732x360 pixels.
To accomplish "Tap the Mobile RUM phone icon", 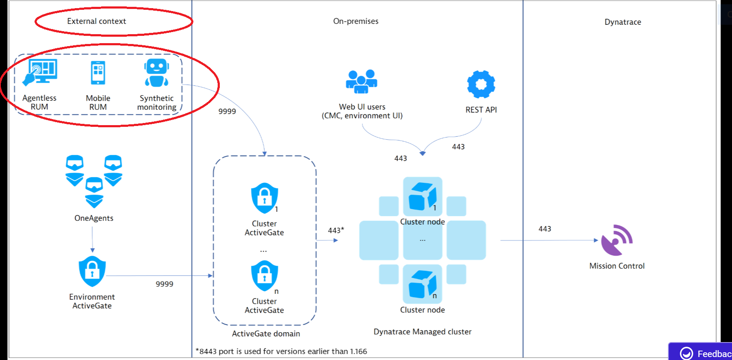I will (x=98, y=73).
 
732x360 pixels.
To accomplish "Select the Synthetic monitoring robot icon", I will (x=157, y=73).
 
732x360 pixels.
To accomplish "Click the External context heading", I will (x=96, y=21).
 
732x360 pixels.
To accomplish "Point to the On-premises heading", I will (x=356, y=21).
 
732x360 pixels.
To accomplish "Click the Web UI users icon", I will (x=362, y=81).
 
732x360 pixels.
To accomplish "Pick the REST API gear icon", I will (x=481, y=84).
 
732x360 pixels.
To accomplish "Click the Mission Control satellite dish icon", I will (x=617, y=240).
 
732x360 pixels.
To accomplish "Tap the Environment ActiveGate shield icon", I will (x=92, y=272).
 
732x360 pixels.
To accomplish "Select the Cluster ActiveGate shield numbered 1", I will (x=265, y=198).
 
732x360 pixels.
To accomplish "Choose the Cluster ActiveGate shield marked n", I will (x=265, y=276).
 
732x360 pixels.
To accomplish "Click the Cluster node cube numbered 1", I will (x=423, y=196).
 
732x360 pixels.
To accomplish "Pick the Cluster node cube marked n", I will (x=423, y=284).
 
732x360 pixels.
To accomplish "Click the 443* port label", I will (x=336, y=231).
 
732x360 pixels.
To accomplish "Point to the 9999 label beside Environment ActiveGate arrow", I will (x=164, y=284).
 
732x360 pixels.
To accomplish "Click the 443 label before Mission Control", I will (x=545, y=229).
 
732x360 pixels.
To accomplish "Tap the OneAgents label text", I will (x=94, y=218).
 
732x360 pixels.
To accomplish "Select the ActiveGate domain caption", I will (x=266, y=334).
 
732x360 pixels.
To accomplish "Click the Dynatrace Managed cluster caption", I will (x=423, y=332).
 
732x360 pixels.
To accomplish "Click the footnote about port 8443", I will (x=281, y=351).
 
